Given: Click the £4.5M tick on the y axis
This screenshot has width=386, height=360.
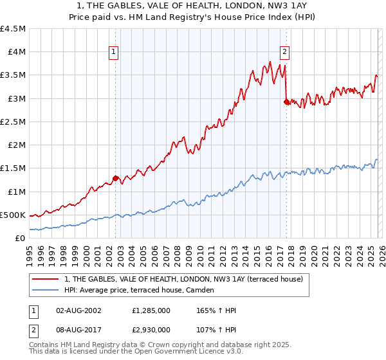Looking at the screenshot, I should [x=13, y=29].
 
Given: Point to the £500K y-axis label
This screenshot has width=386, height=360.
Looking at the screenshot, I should [x=13, y=215].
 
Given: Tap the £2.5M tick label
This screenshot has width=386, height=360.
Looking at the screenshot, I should [x=13, y=122].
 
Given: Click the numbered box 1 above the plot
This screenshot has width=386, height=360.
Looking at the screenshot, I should [x=113, y=53].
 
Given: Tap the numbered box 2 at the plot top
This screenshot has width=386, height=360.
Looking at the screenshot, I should [x=284, y=53].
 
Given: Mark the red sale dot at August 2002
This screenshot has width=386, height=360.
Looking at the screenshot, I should [x=115, y=178].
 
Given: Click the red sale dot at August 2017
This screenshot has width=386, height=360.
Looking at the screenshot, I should [x=286, y=102].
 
